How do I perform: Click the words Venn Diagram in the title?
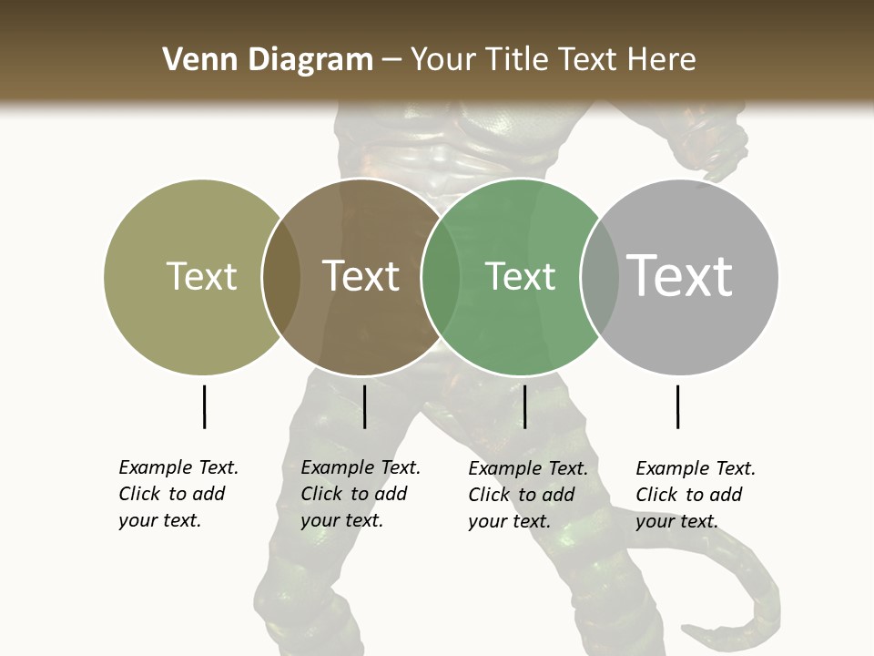click(268, 60)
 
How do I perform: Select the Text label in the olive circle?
click(201, 276)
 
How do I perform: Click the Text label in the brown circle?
click(361, 276)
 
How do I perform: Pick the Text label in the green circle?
click(520, 276)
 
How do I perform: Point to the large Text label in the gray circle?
click(679, 276)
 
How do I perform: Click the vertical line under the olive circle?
click(204, 406)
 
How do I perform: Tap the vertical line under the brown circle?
click(364, 406)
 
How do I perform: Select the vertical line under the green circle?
click(524, 406)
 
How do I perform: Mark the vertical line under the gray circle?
click(677, 406)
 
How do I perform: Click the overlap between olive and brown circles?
click(281, 277)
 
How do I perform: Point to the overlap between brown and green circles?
click(440, 277)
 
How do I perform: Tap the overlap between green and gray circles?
click(600, 277)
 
